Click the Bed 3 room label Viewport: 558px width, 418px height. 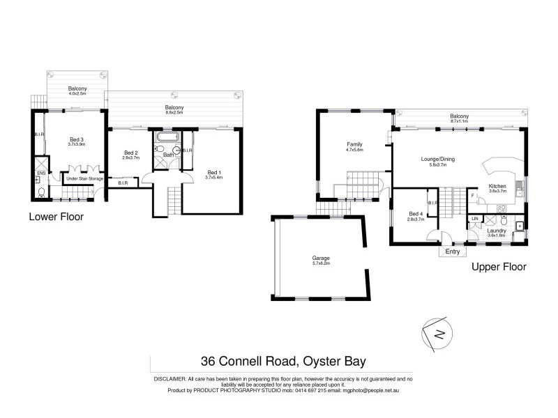tap(76, 140)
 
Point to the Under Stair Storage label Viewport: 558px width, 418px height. tap(84, 179)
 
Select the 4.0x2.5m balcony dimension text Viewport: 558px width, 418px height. tap(77, 94)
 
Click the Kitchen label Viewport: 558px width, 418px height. tap(497, 186)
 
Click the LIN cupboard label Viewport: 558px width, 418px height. tap(475, 219)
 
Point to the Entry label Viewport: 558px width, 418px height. tap(453, 251)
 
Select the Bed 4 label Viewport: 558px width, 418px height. tap(416, 213)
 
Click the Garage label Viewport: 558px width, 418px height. tap(321, 258)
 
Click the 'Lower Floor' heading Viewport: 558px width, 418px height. tap(56, 217)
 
